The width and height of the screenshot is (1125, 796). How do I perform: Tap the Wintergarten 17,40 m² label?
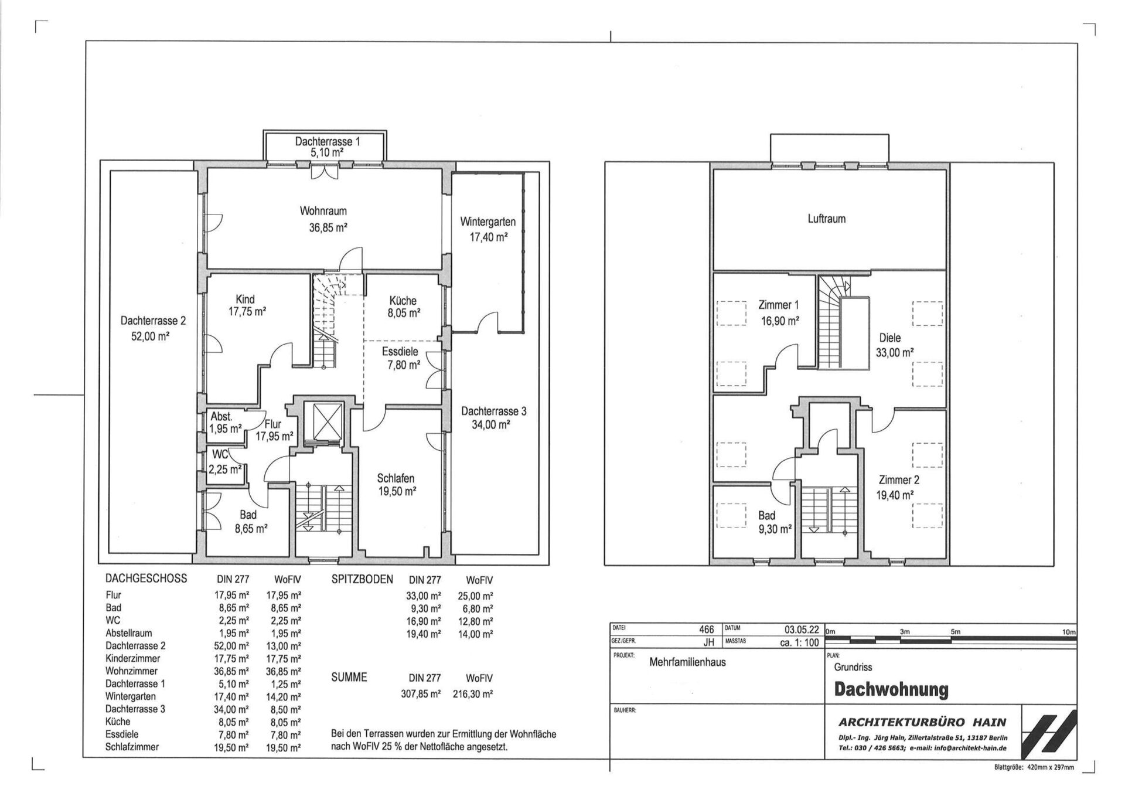tap(487, 229)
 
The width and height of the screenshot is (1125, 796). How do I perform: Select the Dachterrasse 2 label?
tap(153, 329)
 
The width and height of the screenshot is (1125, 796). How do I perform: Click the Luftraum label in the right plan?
tap(826, 219)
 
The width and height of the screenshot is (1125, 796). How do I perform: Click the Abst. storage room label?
tap(221, 417)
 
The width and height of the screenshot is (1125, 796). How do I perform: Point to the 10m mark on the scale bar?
tap(1069, 632)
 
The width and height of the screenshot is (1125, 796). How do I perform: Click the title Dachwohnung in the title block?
tap(891, 689)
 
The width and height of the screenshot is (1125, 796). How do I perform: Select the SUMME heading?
tap(349, 677)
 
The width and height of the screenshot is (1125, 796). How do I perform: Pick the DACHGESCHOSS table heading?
tap(146, 579)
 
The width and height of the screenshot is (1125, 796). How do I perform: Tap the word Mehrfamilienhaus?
tap(687, 662)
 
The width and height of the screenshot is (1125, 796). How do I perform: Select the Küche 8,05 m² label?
tap(404, 307)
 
